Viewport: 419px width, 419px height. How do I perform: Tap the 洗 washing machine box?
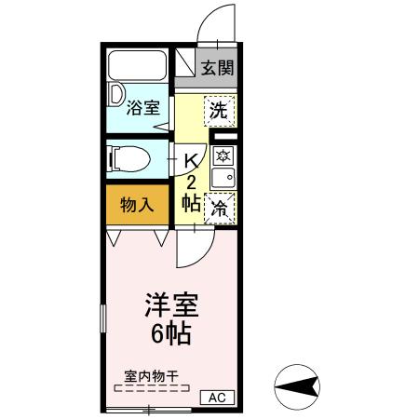[x=219, y=110]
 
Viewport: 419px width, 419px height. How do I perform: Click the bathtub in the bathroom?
[x=137, y=67]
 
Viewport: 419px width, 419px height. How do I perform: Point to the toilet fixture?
[x=130, y=159]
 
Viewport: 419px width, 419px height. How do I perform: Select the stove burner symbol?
[x=223, y=155]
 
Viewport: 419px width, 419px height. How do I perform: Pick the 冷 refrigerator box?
[x=220, y=209]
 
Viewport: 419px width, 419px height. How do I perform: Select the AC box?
[x=217, y=398]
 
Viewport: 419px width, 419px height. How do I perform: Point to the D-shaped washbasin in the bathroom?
[x=116, y=94]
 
